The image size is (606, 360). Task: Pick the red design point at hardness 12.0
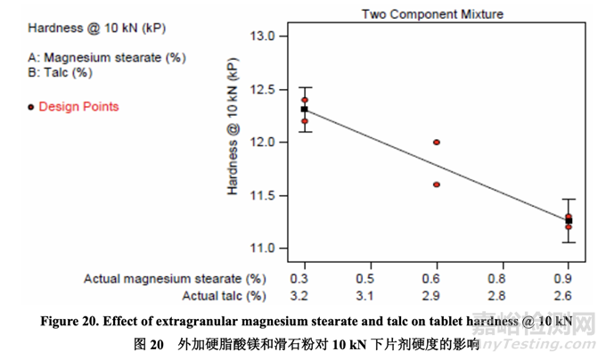click(x=437, y=142)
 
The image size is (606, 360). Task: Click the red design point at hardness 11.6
click(x=437, y=184)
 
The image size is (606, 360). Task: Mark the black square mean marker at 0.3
click(x=305, y=109)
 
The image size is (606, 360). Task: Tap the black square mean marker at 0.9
click(x=569, y=220)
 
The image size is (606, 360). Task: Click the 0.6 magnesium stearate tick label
click(x=437, y=278)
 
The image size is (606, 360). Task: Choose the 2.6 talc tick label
click(x=569, y=295)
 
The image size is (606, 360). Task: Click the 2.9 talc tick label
click(x=437, y=295)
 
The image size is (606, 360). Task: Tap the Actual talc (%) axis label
click(x=224, y=295)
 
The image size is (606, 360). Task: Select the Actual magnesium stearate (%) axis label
click(x=175, y=278)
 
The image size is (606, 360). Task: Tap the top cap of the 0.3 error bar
click(x=305, y=87)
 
